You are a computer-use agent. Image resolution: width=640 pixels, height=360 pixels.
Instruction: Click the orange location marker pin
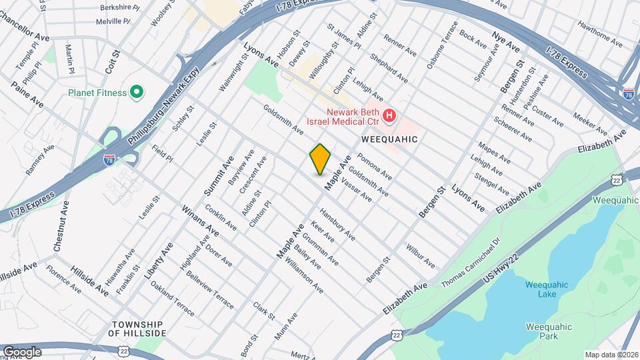click(321, 159)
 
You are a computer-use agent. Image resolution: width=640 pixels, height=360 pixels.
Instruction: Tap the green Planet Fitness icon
click(138, 92)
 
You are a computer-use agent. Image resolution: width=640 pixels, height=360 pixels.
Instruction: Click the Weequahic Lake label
click(546, 289)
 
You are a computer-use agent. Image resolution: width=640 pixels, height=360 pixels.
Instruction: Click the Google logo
click(22, 351)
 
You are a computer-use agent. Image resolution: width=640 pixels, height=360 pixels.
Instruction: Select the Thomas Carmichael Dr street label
click(471, 263)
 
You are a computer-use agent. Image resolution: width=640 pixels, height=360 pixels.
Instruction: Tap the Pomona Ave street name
click(375, 167)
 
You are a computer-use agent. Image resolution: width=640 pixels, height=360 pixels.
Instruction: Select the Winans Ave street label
click(200, 221)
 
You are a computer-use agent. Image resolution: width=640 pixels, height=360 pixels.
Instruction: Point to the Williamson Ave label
click(304, 276)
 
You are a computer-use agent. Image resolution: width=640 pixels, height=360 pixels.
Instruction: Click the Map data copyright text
click(611, 354)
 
